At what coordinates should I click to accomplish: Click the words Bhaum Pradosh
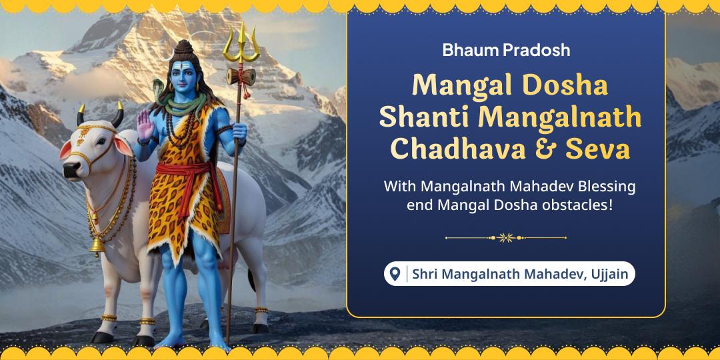pos(506,49)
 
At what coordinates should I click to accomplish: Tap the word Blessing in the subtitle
pos(605,186)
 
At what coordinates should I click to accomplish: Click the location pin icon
pos(395,273)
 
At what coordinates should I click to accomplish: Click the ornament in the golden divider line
pos(506,237)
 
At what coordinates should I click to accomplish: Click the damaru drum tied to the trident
pos(241,77)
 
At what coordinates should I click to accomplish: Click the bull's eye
pos(92,143)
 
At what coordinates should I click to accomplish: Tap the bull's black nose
pos(69,171)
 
